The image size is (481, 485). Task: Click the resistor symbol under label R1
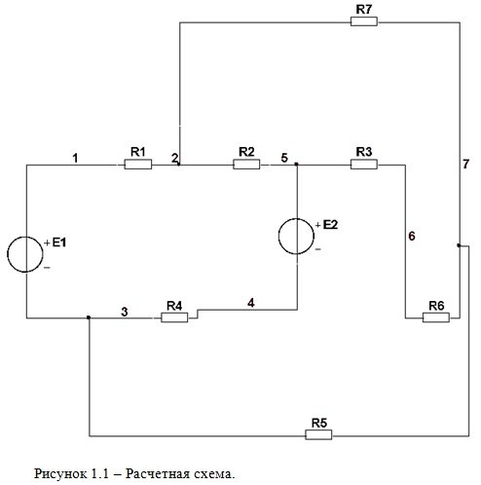click(138, 165)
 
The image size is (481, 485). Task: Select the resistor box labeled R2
click(246, 165)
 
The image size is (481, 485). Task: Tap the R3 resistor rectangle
click(364, 165)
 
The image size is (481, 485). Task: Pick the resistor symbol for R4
click(174, 317)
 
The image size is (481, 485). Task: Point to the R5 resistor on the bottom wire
click(318, 434)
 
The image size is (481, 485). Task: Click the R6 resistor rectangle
click(436, 317)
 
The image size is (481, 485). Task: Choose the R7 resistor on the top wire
click(364, 21)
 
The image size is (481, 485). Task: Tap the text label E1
click(59, 242)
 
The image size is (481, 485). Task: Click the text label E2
click(330, 225)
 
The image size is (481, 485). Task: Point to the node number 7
click(466, 165)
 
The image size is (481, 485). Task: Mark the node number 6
click(412, 236)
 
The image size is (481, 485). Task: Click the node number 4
click(251, 303)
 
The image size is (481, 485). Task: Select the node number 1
click(75, 158)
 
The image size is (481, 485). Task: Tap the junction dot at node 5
click(296, 165)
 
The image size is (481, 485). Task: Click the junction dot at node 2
click(179, 165)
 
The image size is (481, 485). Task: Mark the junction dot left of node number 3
click(89, 317)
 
